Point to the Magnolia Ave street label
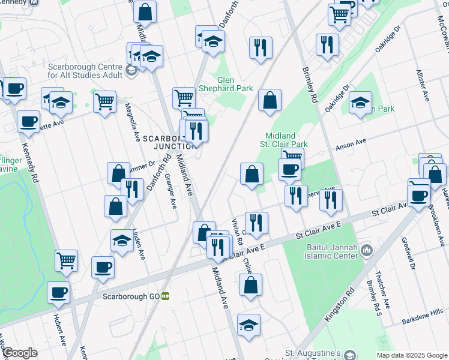click(x=128, y=119)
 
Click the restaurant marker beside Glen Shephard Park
click(x=261, y=48)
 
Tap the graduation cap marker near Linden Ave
click(x=122, y=241)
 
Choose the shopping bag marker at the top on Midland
click(x=145, y=11)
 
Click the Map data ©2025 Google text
click(x=412, y=355)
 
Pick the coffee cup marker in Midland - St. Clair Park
click(x=289, y=169)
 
